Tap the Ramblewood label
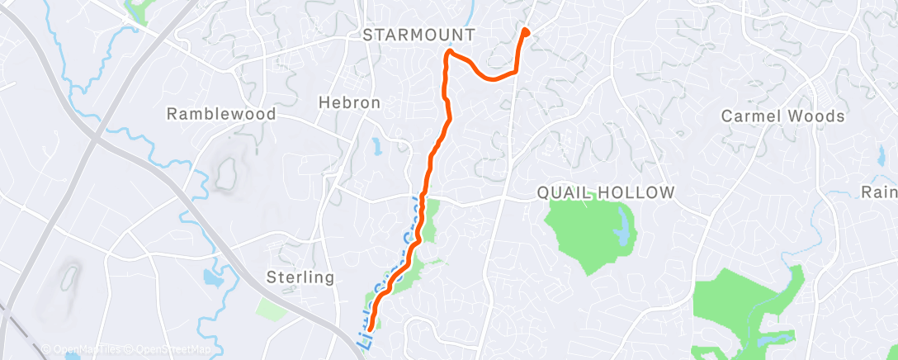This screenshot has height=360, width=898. (x=221, y=114)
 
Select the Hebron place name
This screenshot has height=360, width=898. (x=350, y=103)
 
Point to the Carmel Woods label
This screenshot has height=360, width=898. (x=783, y=116)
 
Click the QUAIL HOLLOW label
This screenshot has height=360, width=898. (x=606, y=192)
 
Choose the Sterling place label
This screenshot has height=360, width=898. (x=301, y=277)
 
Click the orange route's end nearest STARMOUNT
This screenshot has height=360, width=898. (x=525, y=32)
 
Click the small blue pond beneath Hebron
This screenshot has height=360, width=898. (x=377, y=148)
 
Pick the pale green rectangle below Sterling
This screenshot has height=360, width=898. (x=271, y=309)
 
